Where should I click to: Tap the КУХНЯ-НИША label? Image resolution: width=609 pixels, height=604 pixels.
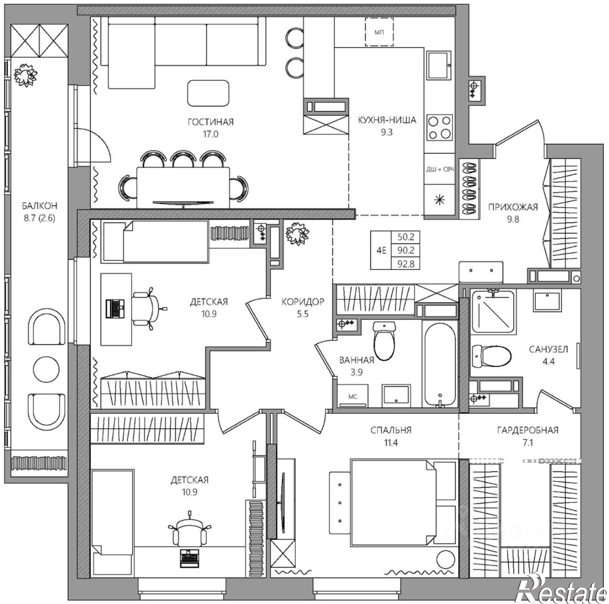pos(387,120)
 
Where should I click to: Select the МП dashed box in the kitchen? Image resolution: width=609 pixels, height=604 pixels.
pos(379,32)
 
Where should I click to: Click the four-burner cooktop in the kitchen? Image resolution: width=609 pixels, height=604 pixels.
pos(439,127)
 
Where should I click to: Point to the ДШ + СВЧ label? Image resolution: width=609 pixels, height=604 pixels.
pos(440,170)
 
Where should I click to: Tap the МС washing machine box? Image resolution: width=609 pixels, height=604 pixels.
pos(353,396)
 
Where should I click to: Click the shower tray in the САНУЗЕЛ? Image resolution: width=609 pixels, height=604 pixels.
pos(493,312)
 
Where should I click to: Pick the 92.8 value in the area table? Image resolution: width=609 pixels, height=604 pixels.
pos(405,263)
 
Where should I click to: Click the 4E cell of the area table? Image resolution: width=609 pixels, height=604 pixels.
pos(381,251)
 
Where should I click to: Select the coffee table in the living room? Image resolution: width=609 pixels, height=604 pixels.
pos(208,93)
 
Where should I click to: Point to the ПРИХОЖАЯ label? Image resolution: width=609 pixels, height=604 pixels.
pos(513,207)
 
